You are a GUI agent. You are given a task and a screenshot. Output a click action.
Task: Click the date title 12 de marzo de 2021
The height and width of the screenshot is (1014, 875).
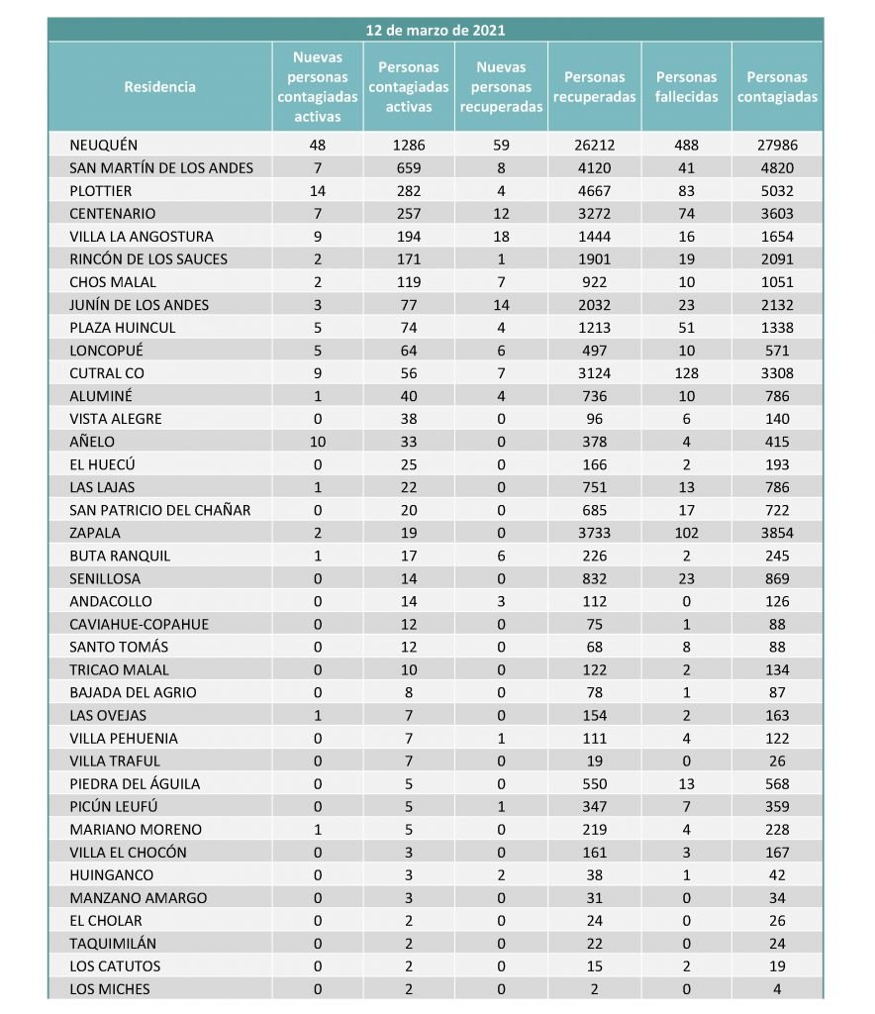436,30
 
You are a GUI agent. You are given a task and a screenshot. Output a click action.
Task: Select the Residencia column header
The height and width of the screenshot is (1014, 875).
160,87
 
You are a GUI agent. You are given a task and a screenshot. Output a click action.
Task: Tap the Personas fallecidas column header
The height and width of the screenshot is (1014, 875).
687,87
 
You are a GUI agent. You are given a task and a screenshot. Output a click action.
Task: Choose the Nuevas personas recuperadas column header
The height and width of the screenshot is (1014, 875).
501,87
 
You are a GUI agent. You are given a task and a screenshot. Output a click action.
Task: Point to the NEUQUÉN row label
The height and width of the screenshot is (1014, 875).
104,145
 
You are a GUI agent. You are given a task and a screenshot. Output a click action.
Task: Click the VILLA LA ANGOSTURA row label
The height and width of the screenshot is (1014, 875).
142,237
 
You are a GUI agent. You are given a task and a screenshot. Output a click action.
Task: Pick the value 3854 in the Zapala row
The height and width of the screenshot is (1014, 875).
777,533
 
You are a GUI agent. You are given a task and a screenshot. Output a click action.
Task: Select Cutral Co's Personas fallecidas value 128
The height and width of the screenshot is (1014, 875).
687,373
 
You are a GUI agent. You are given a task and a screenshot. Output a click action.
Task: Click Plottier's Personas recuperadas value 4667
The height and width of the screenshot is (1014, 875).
594,191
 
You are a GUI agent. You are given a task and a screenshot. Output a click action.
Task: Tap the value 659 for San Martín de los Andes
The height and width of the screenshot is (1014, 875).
409,168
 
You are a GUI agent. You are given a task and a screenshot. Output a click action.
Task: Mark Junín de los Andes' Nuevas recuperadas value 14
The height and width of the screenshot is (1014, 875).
501,305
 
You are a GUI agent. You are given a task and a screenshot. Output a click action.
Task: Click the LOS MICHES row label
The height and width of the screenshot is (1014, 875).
110,988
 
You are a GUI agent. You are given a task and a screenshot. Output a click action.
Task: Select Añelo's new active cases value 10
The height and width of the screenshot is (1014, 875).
318,442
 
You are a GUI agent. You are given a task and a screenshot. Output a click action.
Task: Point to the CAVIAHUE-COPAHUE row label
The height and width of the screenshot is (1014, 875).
140,624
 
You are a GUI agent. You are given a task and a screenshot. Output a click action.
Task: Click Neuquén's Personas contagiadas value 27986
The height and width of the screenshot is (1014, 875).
777,145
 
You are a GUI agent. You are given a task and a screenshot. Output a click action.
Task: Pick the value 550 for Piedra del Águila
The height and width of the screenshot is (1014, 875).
594,783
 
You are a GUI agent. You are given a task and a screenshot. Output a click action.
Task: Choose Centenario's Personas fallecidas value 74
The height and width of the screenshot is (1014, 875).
687,214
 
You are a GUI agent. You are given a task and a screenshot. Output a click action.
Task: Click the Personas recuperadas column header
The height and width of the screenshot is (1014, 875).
594,87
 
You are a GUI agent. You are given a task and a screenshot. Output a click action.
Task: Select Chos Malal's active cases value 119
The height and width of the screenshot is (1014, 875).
409,282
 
